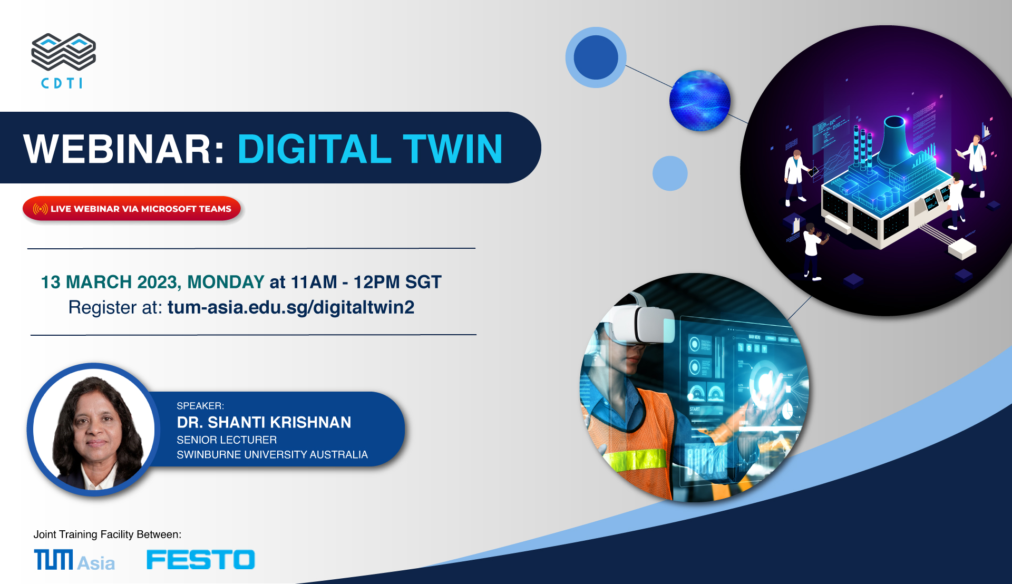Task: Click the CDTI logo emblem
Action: (63, 52)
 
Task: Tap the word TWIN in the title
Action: (453, 149)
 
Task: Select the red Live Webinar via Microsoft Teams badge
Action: (132, 209)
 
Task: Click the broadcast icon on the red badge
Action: (41, 209)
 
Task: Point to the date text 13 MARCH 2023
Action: (111, 283)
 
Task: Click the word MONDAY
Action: (226, 282)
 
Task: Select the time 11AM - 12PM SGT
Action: (366, 282)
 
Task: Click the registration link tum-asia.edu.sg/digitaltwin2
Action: (291, 307)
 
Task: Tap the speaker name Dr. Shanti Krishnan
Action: (264, 422)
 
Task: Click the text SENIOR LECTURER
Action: (227, 440)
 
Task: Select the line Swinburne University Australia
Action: (272, 454)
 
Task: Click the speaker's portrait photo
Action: (94, 430)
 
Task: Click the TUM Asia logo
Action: (74, 560)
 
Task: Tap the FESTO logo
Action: (201, 560)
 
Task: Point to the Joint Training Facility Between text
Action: (108, 534)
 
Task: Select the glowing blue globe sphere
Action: (699, 101)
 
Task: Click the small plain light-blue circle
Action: (670, 173)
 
